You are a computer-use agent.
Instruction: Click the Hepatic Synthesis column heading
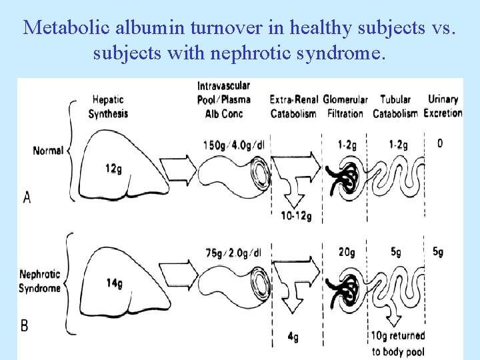pyautogui.click(x=108, y=107)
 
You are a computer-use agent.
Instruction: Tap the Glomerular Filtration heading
pyautogui.click(x=345, y=107)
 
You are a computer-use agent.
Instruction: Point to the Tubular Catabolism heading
pyautogui.click(x=395, y=107)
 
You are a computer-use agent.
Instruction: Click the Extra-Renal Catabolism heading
pyautogui.click(x=293, y=107)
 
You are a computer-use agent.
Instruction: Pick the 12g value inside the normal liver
pyautogui.click(x=113, y=169)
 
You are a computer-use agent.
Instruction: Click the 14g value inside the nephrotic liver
pyautogui.click(x=114, y=283)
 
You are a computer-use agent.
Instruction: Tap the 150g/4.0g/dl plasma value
pyautogui.click(x=237, y=145)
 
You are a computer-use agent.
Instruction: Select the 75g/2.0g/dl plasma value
pyautogui.click(x=237, y=253)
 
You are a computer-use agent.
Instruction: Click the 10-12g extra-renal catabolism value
pyautogui.click(x=297, y=216)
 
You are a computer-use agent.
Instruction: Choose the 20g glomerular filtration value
pyautogui.click(x=347, y=252)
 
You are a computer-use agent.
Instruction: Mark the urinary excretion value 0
pyautogui.click(x=440, y=143)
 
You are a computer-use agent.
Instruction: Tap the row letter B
pyautogui.click(x=25, y=325)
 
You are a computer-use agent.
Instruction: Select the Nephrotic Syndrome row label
pyautogui.click(x=40, y=281)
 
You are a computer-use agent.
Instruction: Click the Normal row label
pyautogui.click(x=48, y=151)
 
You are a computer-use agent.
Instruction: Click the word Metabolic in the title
pyautogui.click(x=59, y=28)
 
